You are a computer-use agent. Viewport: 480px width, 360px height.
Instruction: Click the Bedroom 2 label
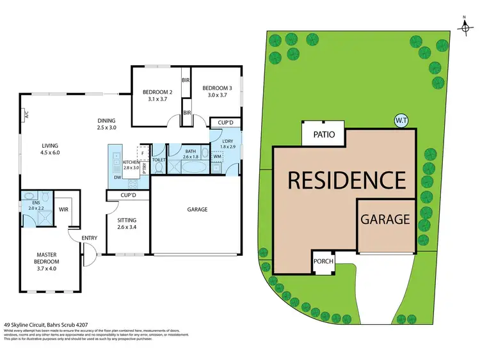157,91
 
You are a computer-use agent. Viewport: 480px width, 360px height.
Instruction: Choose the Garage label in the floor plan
197,210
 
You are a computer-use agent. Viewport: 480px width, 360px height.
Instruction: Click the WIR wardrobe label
63,208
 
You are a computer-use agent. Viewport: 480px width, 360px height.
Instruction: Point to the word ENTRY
89,239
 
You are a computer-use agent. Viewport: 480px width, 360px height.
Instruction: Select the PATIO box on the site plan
323,135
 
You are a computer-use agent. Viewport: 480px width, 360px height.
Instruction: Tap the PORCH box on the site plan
323,262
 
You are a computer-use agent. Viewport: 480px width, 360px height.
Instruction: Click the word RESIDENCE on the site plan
346,180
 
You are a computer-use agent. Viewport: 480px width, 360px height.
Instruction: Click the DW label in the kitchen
117,178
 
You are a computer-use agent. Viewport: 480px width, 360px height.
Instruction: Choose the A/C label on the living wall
26,116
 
